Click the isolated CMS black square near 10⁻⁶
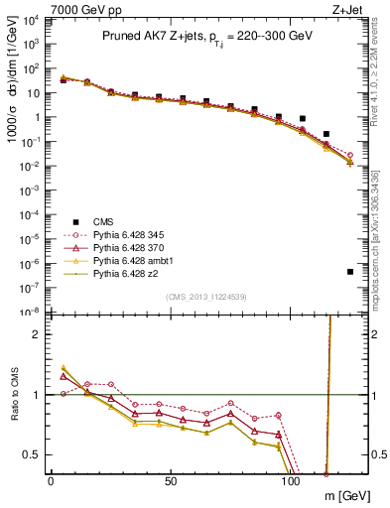click(x=350, y=271)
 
